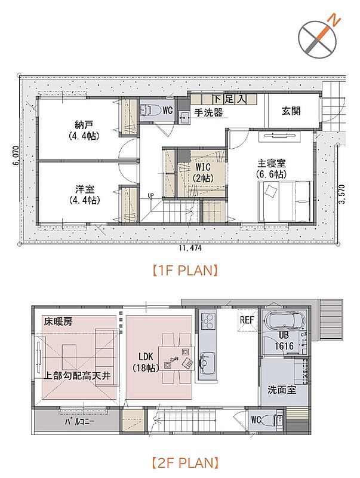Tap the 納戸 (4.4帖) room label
tap(84, 130)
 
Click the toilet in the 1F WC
tap(151, 111)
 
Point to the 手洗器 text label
tap(208, 112)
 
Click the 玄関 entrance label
tap(291, 111)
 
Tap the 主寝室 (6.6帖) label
tap(272, 168)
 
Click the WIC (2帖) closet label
tap(202, 173)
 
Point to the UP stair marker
tap(150, 196)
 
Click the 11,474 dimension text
tap(190, 248)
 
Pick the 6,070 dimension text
tap(16, 155)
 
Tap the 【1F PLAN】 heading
tap(185, 271)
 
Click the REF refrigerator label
tap(247, 320)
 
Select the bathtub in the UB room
tap(282, 321)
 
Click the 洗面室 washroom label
tap(282, 390)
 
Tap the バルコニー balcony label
tap(79, 422)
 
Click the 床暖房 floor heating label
tap(58, 321)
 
